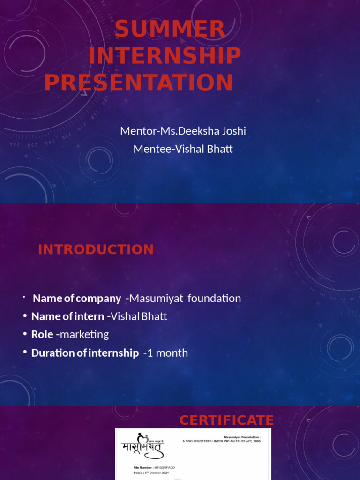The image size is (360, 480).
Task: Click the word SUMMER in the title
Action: pos(170,29)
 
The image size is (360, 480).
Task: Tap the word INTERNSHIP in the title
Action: pos(165,56)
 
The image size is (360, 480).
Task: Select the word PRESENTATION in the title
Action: pos(139,83)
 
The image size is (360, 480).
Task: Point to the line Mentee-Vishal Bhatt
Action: pos(183,149)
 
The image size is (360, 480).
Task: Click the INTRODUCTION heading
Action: pos(96,250)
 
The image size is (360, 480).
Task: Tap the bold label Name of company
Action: pos(77,298)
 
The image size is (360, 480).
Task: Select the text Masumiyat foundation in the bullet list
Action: pos(185,298)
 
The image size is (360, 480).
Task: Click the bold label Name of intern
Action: pos(70,316)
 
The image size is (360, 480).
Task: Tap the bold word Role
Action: pos(42,335)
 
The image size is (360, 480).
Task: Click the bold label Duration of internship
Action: pos(85,353)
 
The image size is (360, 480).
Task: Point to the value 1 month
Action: pos(167,353)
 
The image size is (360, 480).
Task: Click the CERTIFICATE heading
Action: pos(226,420)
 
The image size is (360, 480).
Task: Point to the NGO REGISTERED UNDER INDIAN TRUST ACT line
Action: pos(221,441)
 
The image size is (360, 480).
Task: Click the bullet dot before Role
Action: pos(24,334)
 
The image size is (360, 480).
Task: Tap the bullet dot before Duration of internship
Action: pos(24,352)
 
